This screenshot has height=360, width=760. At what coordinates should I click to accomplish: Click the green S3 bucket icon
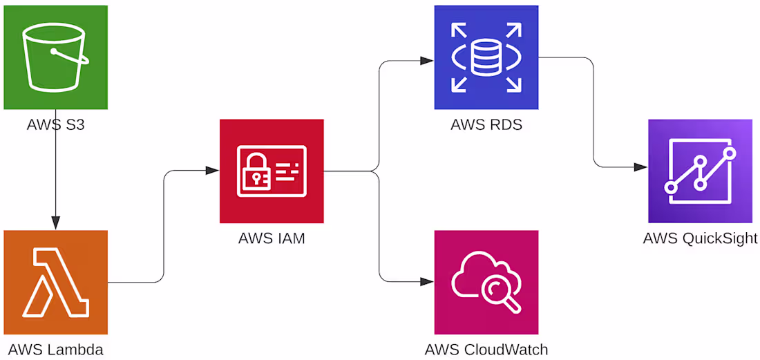55,57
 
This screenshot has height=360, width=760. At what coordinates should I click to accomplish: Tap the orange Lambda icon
55,282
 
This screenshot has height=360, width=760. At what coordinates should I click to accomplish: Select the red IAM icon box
272,171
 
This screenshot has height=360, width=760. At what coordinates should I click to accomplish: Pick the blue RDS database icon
486,57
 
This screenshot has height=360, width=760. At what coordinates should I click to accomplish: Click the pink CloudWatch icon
486,282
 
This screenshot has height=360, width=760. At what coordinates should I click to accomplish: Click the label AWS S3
55,124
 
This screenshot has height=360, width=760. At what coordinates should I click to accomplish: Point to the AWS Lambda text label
56,349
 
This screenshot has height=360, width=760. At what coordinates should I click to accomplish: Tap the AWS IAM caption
272,238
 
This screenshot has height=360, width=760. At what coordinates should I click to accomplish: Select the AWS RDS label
486,124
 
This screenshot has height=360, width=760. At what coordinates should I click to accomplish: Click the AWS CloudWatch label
486,349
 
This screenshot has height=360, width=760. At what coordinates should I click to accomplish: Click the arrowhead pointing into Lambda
56,223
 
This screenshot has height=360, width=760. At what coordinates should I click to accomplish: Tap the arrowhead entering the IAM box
212,171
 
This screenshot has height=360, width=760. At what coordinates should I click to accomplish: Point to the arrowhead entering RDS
427,61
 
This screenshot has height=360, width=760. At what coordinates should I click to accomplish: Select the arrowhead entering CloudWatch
427,281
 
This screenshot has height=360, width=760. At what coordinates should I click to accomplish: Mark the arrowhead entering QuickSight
640,167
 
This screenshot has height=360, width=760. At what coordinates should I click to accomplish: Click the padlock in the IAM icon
255,171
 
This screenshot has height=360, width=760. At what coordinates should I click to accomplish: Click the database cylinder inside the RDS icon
486,57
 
